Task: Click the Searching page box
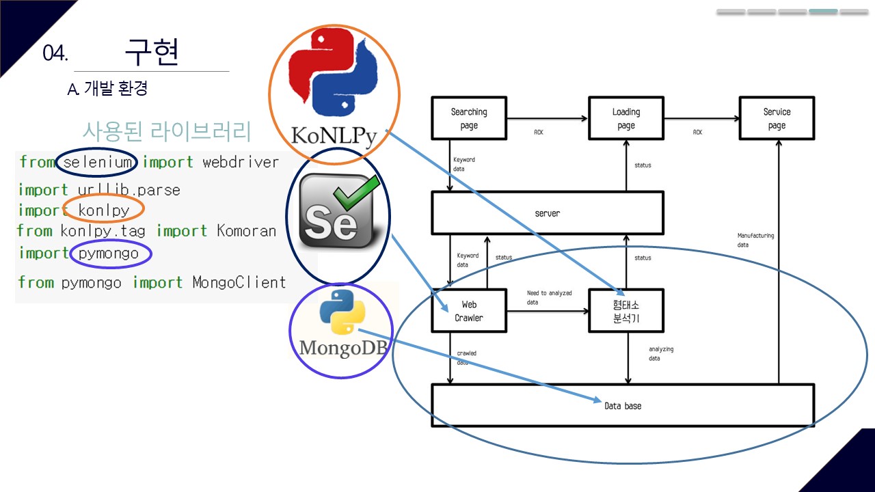point(469,118)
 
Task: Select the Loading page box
point(625,118)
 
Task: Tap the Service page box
point(777,118)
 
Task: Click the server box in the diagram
point(547,213)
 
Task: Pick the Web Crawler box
point(469,311)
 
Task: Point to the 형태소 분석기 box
point(625,311)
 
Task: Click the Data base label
point(623,406)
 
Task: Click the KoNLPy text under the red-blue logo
point(334,135)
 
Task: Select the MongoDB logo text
point(343,348)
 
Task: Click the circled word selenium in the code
point(97,163)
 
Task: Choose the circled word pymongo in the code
point(109,254)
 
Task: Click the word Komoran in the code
point(246,231)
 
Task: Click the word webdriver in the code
point(241,163)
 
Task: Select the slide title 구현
point(152,52)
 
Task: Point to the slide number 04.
point(55,54)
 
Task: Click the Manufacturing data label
point(755,240)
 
